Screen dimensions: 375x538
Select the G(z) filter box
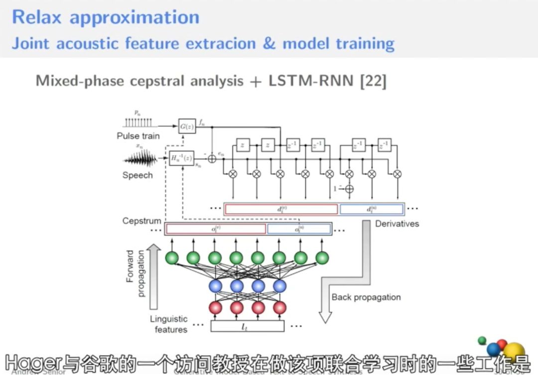pos(187,126)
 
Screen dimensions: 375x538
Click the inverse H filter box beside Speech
pos(181,158)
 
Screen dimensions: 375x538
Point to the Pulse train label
pos(138,136)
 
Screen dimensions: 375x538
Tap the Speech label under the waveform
pos(137,175)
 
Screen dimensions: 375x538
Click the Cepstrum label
pos(141,220)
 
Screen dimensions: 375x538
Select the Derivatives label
pos(397,223)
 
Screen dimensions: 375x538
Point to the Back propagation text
pos(366,297)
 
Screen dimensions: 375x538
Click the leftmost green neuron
pos(172,258)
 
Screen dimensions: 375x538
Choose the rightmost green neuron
pos(322,258)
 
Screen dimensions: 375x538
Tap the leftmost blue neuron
pos(215,286)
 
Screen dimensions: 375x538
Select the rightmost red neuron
pos(279,307)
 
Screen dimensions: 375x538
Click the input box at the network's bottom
pos(247,326)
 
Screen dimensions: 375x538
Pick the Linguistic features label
pos(169,324)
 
